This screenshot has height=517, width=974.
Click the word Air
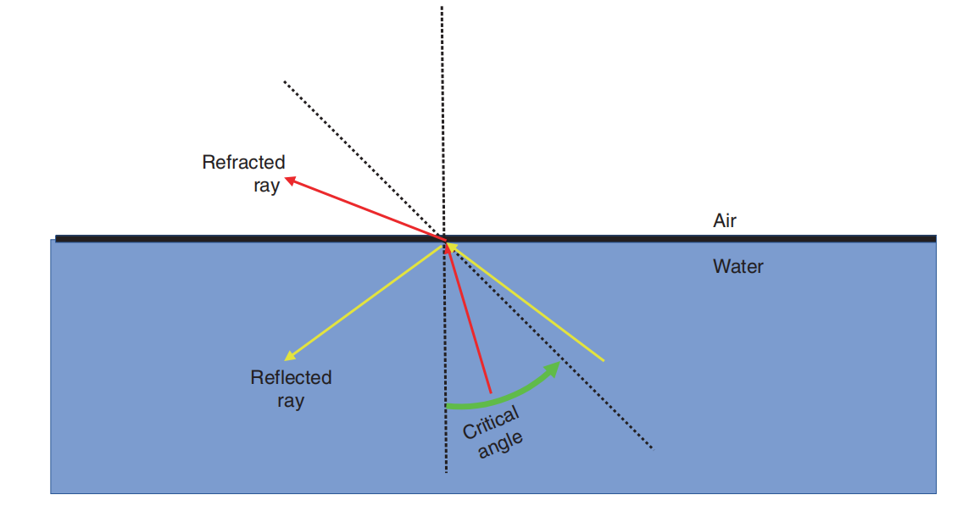point(725,221)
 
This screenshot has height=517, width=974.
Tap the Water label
point(737,267)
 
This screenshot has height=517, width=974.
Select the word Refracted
point(243,162)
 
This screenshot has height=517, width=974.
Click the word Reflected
point(291,377)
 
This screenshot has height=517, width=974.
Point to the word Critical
point(490,422)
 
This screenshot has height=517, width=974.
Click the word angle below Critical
point(501,443)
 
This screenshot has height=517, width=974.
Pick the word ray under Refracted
point(266,186)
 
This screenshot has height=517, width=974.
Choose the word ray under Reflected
point(290,401)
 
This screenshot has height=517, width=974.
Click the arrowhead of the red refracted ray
point(289,179)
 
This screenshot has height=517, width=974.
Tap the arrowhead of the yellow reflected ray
point(289,357)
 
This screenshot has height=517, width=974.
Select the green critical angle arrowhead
point(554,367)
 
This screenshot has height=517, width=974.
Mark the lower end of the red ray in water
point(491,392)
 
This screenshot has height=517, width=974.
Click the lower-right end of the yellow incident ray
point(603,360)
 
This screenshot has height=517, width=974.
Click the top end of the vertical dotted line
point(442,7)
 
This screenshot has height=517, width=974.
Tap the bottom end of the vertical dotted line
point(445,472)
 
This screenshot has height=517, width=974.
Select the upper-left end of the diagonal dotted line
point(284,81)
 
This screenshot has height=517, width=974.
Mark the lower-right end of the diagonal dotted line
point(652,448)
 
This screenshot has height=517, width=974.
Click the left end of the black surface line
point(57,239)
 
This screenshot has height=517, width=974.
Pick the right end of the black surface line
point(935,239)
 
